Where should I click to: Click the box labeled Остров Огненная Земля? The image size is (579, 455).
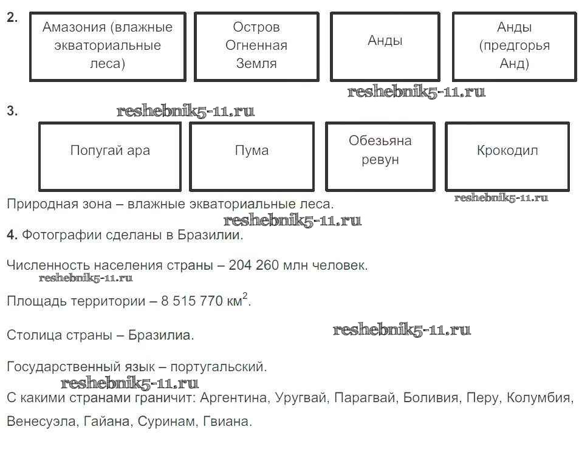[x=256, y=47]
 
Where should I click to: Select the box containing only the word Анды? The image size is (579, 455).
[x=385, y=47]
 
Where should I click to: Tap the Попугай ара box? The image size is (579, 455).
[x=110, y=157]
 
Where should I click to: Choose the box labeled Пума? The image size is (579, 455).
[x=252, y=157]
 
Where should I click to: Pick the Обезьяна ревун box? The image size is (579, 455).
[x=380, y=157]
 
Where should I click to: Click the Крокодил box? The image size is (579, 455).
[x=507, y=157]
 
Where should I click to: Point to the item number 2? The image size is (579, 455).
[x=12, y=18]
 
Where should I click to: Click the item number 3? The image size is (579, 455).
[x=12, y=111]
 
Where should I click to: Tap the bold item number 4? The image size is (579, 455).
[x=12, y=235]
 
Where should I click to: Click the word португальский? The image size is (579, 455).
[x=218, y=367]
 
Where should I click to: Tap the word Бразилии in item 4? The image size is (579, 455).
[x=210, y=235]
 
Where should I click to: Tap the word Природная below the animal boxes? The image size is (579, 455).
[x=40, y=204]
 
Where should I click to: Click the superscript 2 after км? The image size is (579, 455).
[x=245, y=296]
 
